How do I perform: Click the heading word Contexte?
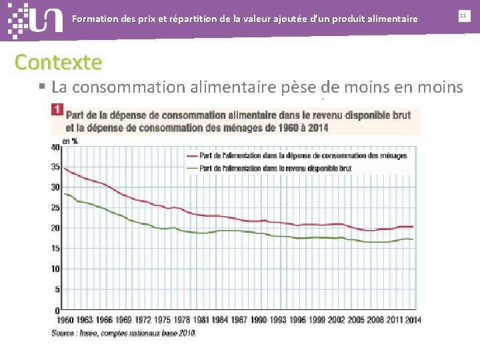click(59, 62)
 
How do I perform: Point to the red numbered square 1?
click(57, 109)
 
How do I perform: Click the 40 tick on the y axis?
click(55, 147)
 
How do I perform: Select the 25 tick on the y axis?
click(55, 207)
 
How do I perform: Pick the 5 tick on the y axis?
click(57, 289)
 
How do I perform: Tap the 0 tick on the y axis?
click(57, 310)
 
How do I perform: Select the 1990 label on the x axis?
click(259, 320)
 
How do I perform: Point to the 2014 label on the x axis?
click(414, 320)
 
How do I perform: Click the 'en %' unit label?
click(69, 141)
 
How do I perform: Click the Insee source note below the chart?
click(124, 333)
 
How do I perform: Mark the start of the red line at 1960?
click(64, 169)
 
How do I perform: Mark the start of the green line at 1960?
click(64, 193)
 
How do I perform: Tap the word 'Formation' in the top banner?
click(94, 19)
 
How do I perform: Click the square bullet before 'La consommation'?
click(41, 86)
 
